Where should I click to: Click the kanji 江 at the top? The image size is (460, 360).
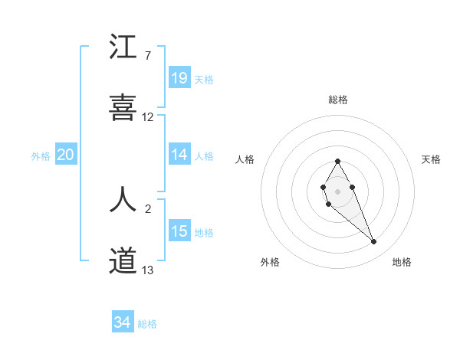tap(123, 47)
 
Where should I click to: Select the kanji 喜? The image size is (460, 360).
tap(123, 108)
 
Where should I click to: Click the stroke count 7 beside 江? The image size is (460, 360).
tap(147, 56)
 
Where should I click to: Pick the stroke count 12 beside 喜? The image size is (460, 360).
tap(148, 117)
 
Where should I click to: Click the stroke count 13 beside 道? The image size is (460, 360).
tap(148, 270)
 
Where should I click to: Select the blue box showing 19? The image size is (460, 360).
tap(179, 78)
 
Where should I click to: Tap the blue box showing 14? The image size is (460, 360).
tap(179, 155)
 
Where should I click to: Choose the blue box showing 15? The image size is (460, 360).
tap(179, 231)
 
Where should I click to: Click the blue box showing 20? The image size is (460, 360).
tap(65, 155)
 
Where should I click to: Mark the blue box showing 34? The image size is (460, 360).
tap(122, 323)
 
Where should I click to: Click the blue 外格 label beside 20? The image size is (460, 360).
tap(41, 156)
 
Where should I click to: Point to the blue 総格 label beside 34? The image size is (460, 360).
tap(147, 325)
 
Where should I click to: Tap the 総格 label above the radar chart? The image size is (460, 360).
tap(338, 100)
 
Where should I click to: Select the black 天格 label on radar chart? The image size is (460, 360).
tap(432, 159)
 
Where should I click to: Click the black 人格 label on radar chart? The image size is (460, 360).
tap(245, 159)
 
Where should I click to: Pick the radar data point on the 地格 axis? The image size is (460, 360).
tap(374, 241)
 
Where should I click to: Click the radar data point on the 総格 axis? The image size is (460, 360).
tap(337, 161)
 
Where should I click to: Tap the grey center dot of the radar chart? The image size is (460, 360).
tap(337, 190)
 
